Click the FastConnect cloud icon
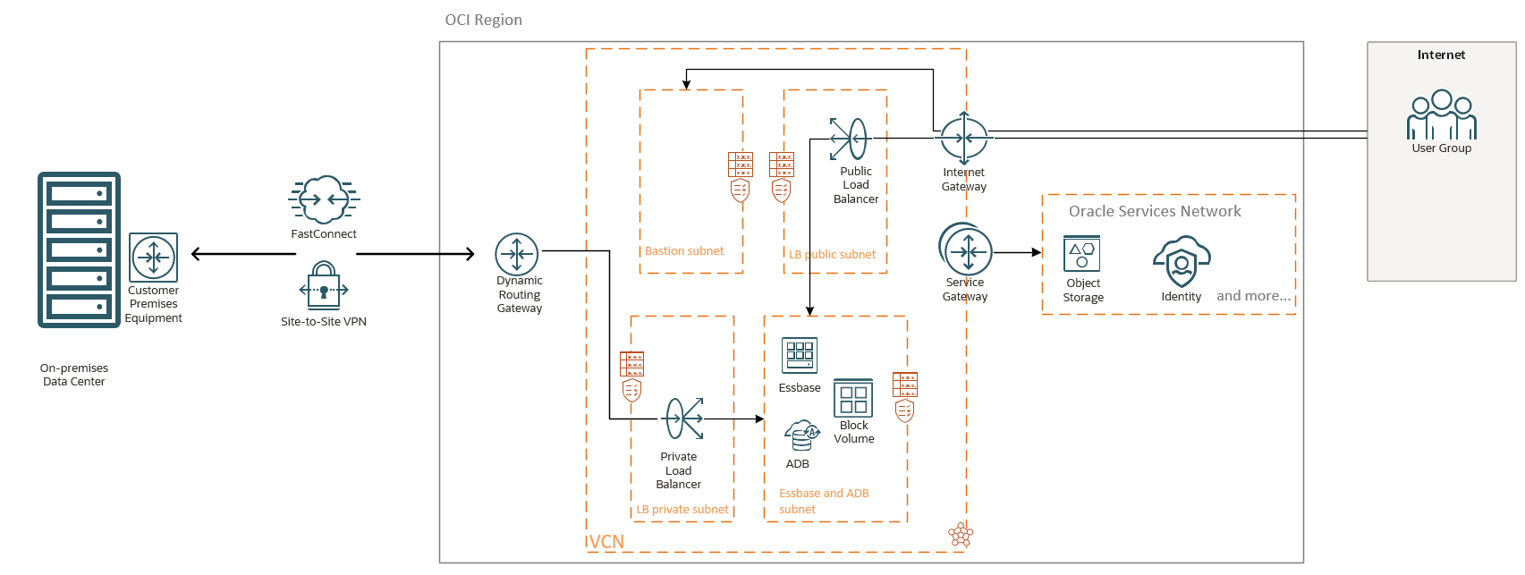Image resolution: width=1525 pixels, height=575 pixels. pyautogui.click(x=324, y=199)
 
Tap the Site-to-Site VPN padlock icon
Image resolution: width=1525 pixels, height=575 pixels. pyautogui.click(x=324, y=284)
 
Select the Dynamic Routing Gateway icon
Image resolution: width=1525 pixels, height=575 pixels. pyautogui.click(x=517, y=254)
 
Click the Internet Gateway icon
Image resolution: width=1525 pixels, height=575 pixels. pyautogui.click(x=963, y=138)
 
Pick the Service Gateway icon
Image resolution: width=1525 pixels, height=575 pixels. pyautogui.click(x=966, y=250)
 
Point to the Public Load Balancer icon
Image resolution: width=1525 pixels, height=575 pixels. pyautogui.click(x=849, y=139)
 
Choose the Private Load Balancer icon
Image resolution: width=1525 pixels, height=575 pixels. pyautogui.click(x=684, y=419)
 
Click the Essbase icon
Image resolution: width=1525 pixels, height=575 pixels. pyautogui.click(x=800, y=355)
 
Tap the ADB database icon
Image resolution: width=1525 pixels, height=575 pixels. pyautogui.click(x=801, y=435)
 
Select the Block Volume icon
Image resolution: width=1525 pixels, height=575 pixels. pyautogui.click(x=853, y=398)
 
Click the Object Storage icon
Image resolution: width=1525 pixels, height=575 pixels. pyautogui.click(x=1081, y=254)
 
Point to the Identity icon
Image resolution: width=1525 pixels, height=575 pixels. pyautogui.click(x=1182, y=261)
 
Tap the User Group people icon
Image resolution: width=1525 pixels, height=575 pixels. pyautogui.click(x=1441, y=114)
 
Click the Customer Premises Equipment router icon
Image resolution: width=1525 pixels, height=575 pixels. pyautogui.click(x=153, y=258)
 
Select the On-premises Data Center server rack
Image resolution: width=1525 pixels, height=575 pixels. pyautogui.click(x=79, y=249)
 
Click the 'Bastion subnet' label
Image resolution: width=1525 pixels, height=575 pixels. pyautogui.click(x=684, y=251)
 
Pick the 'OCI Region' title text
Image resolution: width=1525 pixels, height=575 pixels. pyautogui.click(x=483, y=20)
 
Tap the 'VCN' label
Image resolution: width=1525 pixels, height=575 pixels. pyautogui.click(x=606, y=542)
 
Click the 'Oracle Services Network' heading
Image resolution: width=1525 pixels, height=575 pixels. pyautogui.click(x=1155, y=211)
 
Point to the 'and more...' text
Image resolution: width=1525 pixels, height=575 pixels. pyautogui.click(x=1253, y=296)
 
